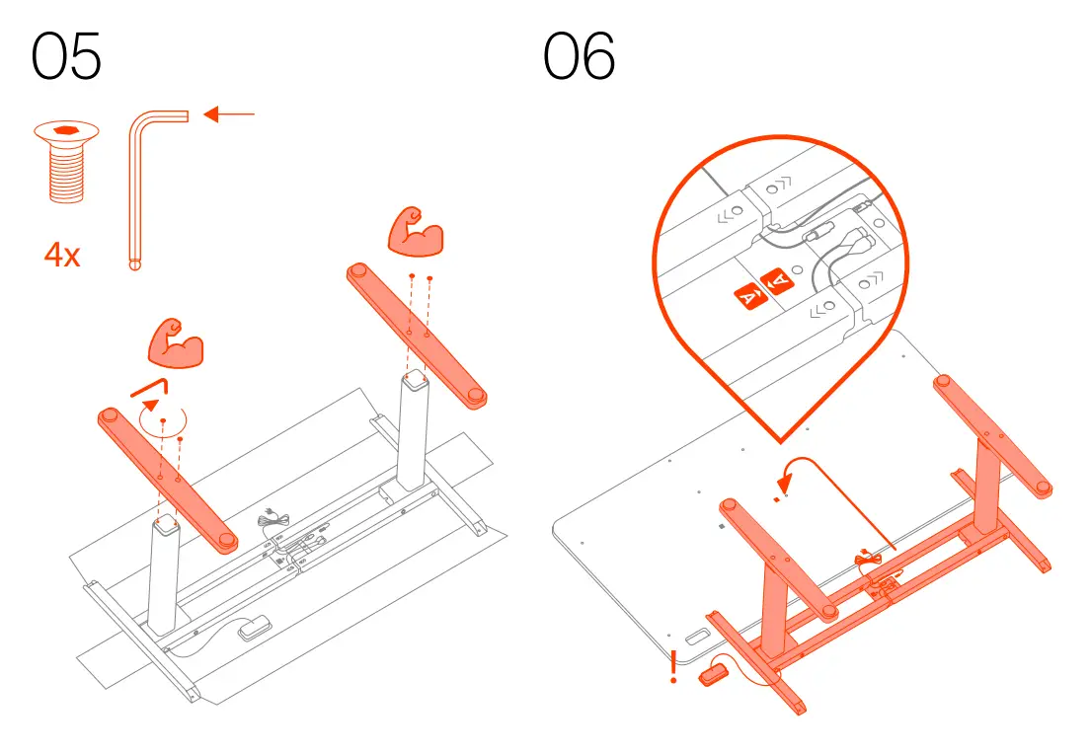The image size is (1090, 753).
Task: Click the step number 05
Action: (x=67, y=57)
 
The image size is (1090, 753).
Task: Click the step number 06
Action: (x=580, y=57)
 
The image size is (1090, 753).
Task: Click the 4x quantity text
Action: (x=62, y=256)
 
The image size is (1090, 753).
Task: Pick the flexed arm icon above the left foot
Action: (x=175, y=340)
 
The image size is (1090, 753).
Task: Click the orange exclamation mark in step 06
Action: (x=674, y=667)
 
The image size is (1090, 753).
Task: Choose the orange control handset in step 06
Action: (x=712, y=675)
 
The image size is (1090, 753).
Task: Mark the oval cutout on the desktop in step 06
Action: (x=702, y=639)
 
